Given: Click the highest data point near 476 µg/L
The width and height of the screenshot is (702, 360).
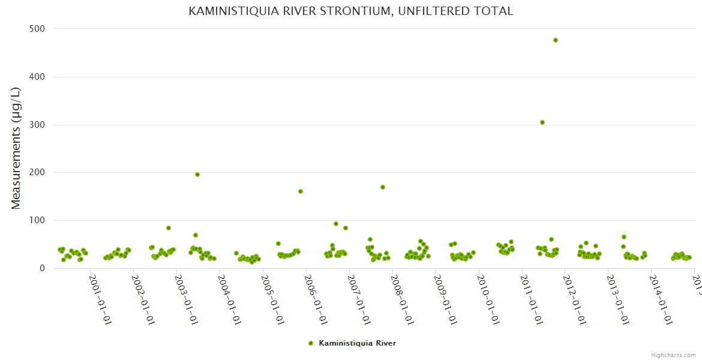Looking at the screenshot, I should point(556,40).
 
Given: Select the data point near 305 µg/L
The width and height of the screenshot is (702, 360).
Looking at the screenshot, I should point(542,122).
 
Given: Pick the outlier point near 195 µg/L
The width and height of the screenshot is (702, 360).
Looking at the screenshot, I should point(197,175).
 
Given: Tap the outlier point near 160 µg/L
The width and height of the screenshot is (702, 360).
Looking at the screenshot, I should point(301,191).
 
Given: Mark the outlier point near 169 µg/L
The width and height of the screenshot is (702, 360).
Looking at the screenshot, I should point(383,187).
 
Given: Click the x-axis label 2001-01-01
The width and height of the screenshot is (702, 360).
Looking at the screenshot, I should point(100,299).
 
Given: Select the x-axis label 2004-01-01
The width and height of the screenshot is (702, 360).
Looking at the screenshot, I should point(230,299).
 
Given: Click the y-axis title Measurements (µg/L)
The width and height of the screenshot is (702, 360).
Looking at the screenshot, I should point(16,148).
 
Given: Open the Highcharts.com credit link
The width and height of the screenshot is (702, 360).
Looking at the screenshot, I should point(673,355).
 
